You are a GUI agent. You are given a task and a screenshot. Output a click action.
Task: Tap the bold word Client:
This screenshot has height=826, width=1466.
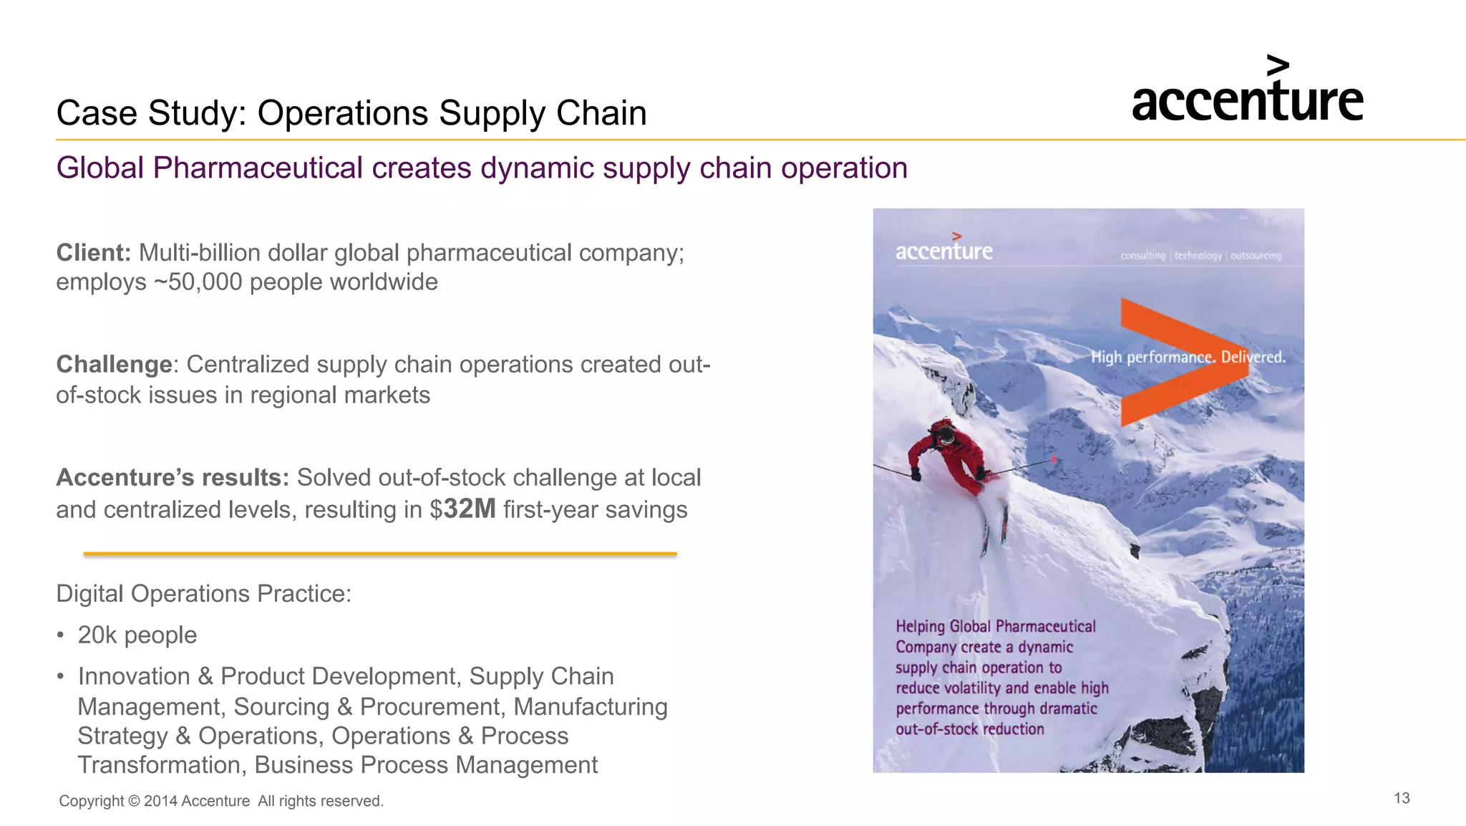tap(93, 253)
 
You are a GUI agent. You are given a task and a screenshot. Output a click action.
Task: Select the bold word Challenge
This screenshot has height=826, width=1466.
tap(114, 365)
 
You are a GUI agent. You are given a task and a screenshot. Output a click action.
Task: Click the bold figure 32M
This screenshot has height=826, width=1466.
tap(470, 509)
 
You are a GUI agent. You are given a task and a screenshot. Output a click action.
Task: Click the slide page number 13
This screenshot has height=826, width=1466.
tap(1402, 798)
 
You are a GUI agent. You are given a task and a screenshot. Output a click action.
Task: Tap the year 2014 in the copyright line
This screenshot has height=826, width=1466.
tap(160, 801)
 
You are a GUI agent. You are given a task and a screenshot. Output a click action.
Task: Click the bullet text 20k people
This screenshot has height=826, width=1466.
tap(137, 635)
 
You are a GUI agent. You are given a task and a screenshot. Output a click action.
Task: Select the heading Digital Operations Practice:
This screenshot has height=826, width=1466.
tap(203, 594)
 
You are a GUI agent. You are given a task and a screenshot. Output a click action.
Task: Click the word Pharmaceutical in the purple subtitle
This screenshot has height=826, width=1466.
tap(257, 168)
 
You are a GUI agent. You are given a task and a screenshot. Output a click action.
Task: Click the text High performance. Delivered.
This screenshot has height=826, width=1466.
tap(1188, 357)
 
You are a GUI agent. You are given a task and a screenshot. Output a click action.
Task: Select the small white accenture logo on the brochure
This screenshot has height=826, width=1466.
tap(943, 249)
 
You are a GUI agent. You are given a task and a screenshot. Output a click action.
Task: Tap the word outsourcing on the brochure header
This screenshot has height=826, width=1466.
tap(1256, 256)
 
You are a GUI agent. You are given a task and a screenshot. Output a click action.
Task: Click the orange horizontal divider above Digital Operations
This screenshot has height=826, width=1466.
tap(379, 554)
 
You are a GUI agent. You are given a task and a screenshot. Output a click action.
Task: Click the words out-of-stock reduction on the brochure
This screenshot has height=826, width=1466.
tap(969, 729)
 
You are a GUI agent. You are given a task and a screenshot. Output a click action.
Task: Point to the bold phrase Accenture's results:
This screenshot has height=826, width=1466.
tap(172, 478)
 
